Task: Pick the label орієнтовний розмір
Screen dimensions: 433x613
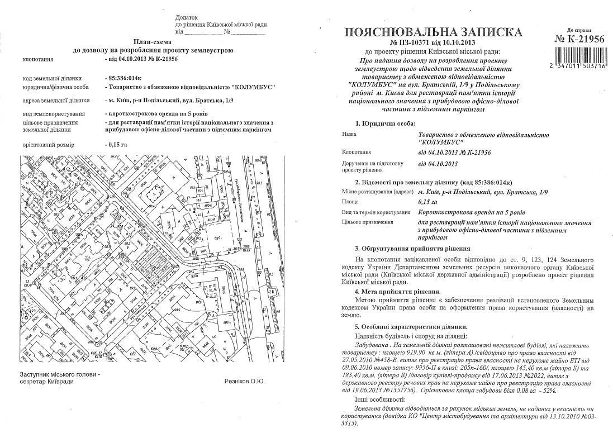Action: coord(47,144)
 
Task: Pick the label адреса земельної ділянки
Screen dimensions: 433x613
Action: coord(56,101)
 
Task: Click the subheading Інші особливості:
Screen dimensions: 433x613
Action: coord(378,401)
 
